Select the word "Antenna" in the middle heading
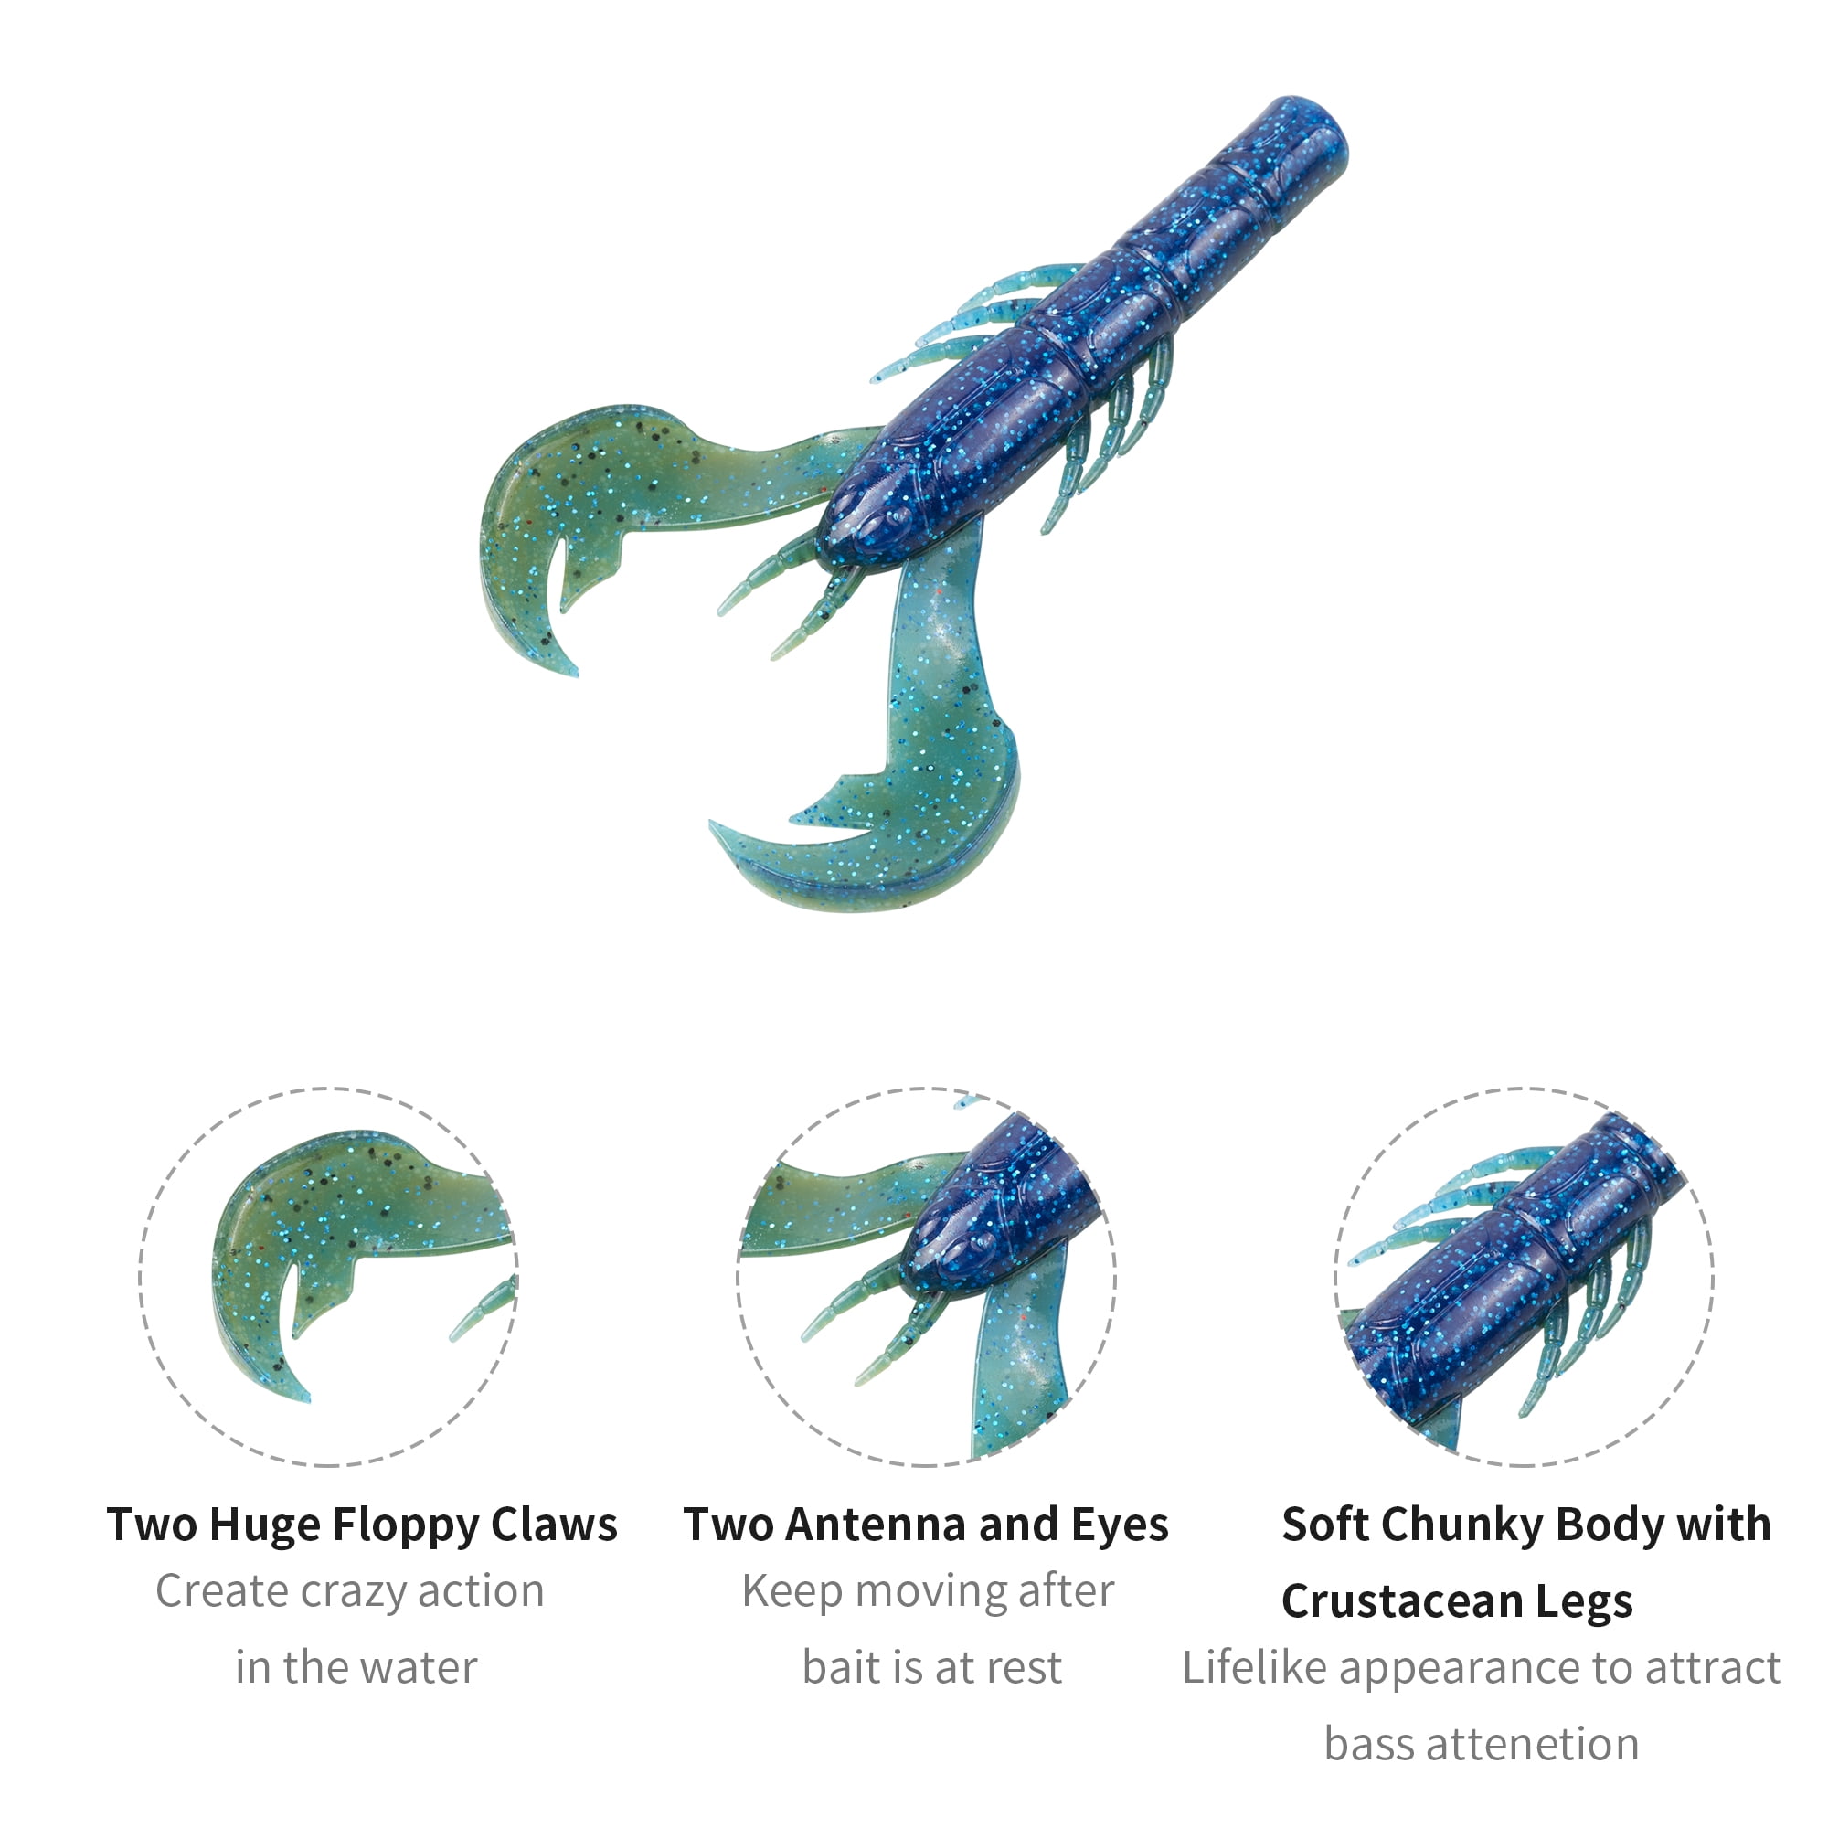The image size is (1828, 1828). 876,1525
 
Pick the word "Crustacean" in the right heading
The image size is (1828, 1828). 1401,1603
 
